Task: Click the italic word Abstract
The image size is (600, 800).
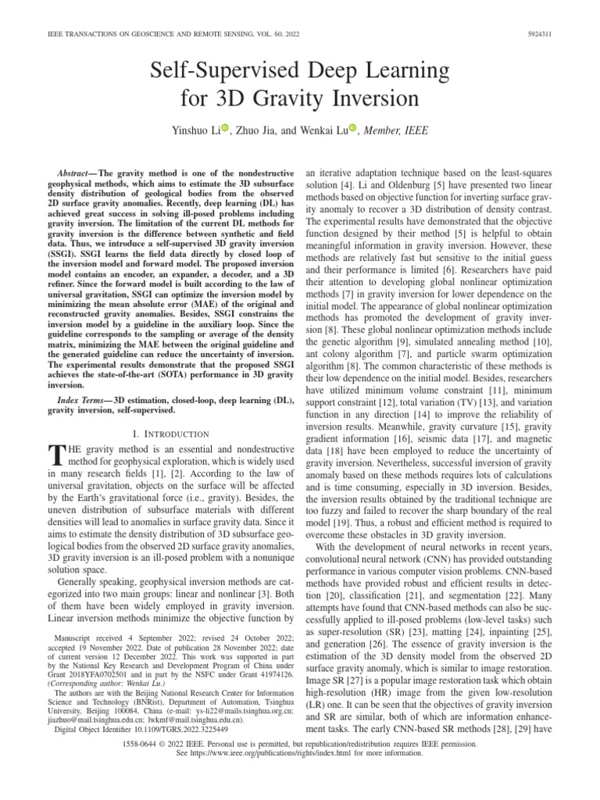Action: point(75,171)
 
